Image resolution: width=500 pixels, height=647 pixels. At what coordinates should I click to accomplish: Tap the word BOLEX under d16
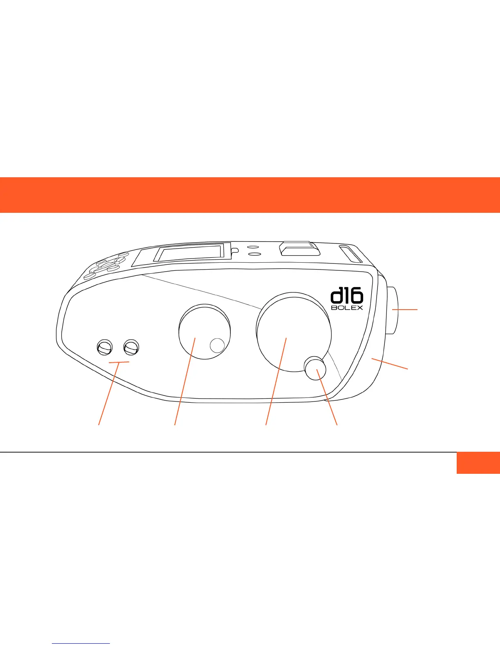[x=347, y=308]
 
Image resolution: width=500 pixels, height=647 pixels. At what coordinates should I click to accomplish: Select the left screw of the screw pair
[x=104, y=347]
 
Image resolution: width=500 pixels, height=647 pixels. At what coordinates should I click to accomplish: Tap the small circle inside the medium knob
[x=217, y=345]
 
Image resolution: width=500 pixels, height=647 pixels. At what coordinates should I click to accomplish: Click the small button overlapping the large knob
[x=315, y=367]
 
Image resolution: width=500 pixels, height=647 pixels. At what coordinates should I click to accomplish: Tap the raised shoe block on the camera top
[x=297, y=249]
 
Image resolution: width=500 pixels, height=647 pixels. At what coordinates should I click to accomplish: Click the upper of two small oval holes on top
[x=253, y=248]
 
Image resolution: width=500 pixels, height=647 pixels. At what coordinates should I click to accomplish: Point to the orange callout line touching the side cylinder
[x=405, y=310]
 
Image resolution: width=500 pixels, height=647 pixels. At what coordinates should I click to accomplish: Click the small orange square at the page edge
[x=478, y=463]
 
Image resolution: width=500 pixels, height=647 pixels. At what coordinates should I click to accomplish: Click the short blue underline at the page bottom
[x=81, y=643]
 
